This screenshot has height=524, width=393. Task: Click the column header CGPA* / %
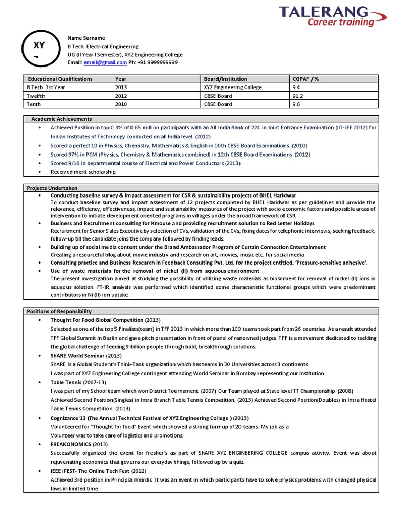click(x=305, y=79)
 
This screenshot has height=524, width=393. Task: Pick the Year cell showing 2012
click(x=121, y=96)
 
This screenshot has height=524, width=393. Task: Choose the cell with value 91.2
click(x=297, y=96)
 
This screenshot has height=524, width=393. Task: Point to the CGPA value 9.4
click(x=296, y=88)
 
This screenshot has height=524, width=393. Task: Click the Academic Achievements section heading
click(x=61, y=119)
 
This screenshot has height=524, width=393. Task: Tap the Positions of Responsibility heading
click(x=59, y=311)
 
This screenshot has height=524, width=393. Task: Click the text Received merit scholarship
click(x=83, y=171)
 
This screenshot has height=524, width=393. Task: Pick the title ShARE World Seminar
click(x=77, y=355)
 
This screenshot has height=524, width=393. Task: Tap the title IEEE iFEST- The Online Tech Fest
click(x=90, y=470)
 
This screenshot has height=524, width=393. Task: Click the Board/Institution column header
click(x=225, y=79)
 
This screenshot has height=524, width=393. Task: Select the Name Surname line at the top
click(x=86, y=38)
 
